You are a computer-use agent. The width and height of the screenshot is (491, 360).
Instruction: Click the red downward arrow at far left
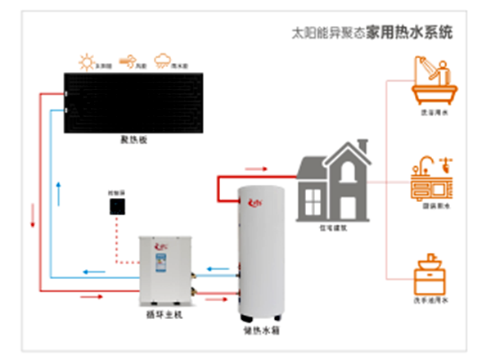pos(33,216)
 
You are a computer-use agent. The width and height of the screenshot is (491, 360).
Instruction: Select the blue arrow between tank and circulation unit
pos(216,268)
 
